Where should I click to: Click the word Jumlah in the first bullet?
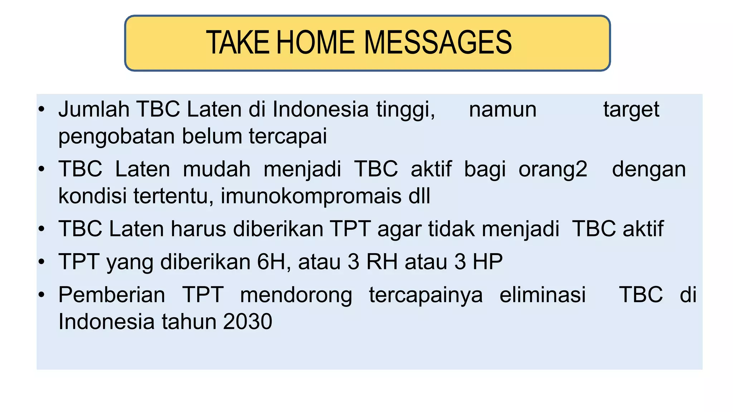[x=94, y=109]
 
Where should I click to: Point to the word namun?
[x=503, y=110]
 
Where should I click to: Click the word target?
[x=631, y=110]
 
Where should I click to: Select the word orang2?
[x=553, y=170]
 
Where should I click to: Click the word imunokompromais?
[x=311, y=196]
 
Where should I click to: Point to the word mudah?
[x=217, y=169]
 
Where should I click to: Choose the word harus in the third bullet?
[x=198, y=229]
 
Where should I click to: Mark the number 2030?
[x=247, y=322]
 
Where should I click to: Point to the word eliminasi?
[x=543, y=295]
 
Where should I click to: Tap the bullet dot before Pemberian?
[x=42, y=295]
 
